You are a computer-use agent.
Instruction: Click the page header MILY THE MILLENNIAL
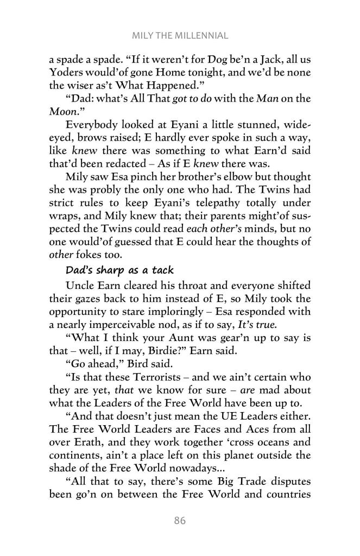click(x=180, y=36)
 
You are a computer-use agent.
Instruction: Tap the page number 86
click(x=180, y=521)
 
